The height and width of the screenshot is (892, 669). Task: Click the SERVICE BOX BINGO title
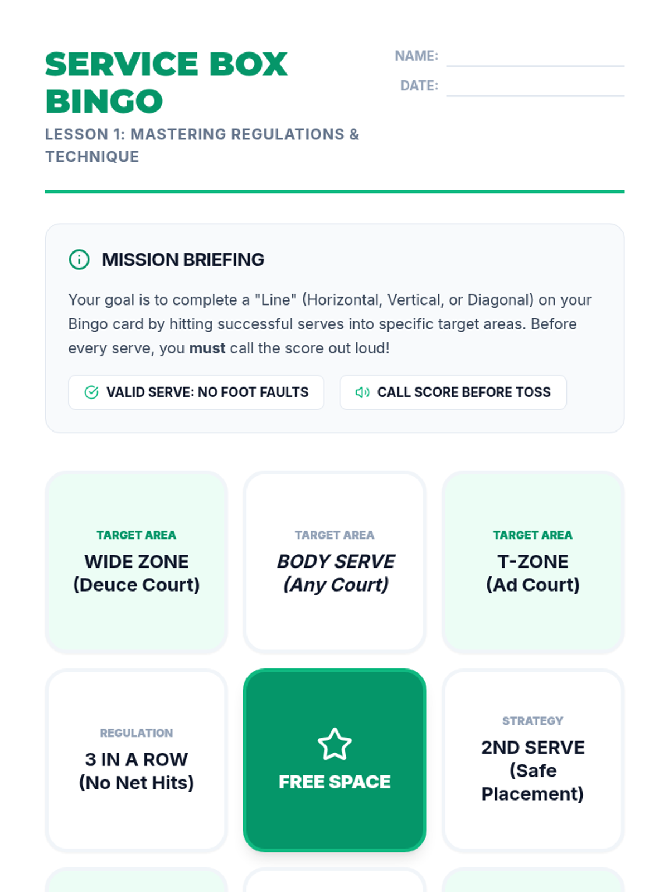pyautogui.click(x=166, y=83)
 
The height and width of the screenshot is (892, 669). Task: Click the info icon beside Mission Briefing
pyautogui.click(x=79, y=260)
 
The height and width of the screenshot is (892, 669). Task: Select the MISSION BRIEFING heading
pyautogui.click(x=183, y=260)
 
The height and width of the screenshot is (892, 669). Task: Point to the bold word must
pyautogui.click(x=207, y=348)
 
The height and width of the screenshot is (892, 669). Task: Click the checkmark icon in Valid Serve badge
pyautogui.click(x=91, y=392)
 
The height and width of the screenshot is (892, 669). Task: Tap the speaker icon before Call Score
pyautogui.click(x=362, y=392)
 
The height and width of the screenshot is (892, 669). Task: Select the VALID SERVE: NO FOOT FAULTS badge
pyautogui.click(x=196, y=392)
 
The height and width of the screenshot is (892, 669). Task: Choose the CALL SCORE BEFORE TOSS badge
pyautogui.click(x=453, y=392)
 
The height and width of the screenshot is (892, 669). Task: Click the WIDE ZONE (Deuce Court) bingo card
pyautogui.click(x=137, y=562)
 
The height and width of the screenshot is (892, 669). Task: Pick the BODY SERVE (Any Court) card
pyautogui.click(x=335, y=562)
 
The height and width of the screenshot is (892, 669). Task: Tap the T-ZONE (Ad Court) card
pyautogui.click(x=533, y=562)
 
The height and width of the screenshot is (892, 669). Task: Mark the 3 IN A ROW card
pyautogui.click(x=137, y=760)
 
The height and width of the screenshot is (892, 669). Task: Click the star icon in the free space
pyautogui.click(x=334, y=745)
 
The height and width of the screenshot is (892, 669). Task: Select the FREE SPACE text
pyautogui.click(x=334, y=782)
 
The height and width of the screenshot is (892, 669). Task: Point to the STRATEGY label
pyautogui.click(x=533, y=721)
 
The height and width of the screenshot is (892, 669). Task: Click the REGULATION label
pyautogui.click(x=137, y=733)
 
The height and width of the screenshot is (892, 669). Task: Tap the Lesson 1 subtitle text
pyautogui.click(x=202, y=146)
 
